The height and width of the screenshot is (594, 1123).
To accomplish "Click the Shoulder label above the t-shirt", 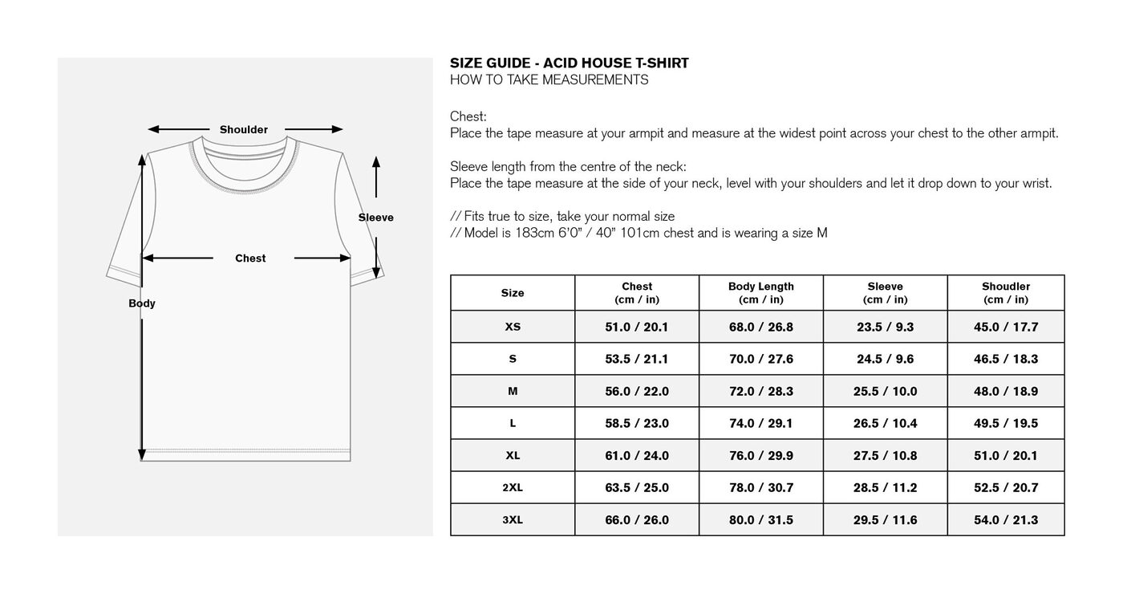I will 244,129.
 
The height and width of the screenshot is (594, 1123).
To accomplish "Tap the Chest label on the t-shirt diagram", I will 250,258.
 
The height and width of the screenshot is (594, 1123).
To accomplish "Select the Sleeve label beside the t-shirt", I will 375,218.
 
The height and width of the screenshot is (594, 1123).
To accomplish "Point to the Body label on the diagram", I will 142,303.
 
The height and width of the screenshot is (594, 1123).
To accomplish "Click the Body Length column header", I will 760,293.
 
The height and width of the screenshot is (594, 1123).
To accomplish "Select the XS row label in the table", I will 513,327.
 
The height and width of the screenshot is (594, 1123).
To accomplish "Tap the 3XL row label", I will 513,519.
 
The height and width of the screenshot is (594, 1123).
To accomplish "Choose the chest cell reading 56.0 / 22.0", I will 636,391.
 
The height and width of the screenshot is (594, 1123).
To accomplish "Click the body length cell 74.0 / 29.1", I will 760,423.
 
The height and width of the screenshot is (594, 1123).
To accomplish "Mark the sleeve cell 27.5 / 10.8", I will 885,455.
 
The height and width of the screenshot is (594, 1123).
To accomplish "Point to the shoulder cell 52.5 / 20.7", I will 1005,487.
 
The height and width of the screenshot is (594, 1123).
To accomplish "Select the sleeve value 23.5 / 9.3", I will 885,327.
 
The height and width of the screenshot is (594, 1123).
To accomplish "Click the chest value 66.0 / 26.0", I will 636,519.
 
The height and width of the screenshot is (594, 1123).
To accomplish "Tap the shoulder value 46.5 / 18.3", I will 1005,359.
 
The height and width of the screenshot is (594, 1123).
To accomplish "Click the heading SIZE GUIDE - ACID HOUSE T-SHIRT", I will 569,63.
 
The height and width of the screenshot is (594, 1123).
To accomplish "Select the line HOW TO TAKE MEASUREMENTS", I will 549,79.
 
